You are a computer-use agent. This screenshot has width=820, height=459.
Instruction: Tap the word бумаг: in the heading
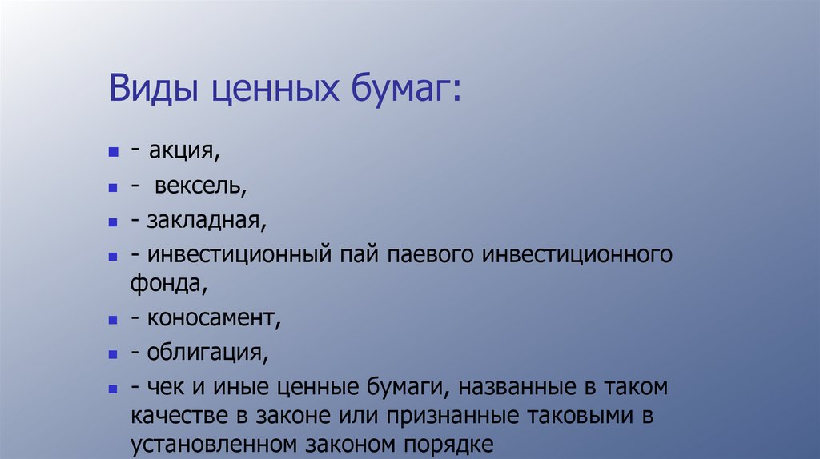click(404, 88)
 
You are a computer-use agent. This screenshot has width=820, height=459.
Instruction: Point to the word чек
click(166, 388)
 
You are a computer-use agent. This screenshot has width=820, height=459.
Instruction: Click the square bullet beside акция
click(113, 151)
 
